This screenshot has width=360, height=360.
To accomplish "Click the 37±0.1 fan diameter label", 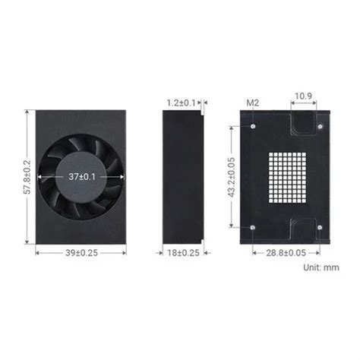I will point(81,175).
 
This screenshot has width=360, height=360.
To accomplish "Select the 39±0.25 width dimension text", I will point(81,253).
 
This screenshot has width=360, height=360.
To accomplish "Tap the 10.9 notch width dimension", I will point(302,96).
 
